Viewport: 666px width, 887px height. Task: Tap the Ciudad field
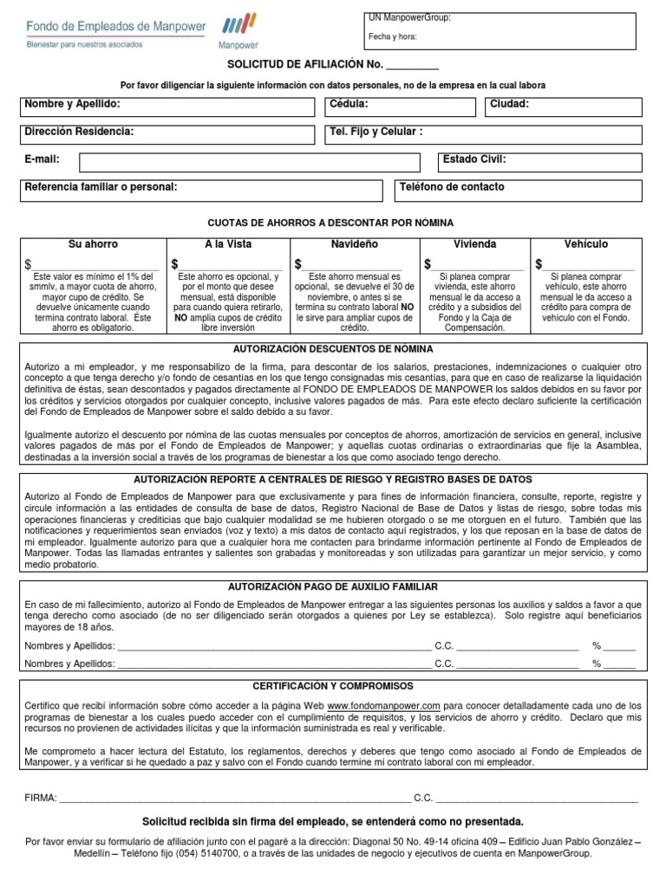click(564, 107)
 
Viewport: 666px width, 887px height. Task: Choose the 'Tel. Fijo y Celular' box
click(482, 134)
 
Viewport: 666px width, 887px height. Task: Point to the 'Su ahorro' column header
click(93, 244)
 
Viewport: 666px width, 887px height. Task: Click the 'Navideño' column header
click(354, 244)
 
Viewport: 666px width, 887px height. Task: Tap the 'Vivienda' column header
click(474, 244)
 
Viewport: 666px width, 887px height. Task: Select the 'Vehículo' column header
click(586, 244)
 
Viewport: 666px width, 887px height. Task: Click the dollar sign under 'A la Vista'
click(175, 264)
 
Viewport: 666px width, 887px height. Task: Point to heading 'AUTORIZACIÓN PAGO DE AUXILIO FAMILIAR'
click(332, 586)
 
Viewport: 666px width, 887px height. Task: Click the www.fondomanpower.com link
click(383, 706)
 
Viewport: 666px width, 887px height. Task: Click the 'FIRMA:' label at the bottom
click(41, 797)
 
